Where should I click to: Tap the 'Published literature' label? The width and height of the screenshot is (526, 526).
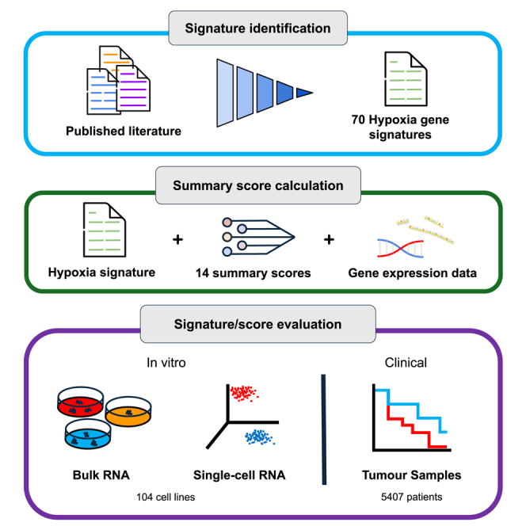(124, 130)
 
